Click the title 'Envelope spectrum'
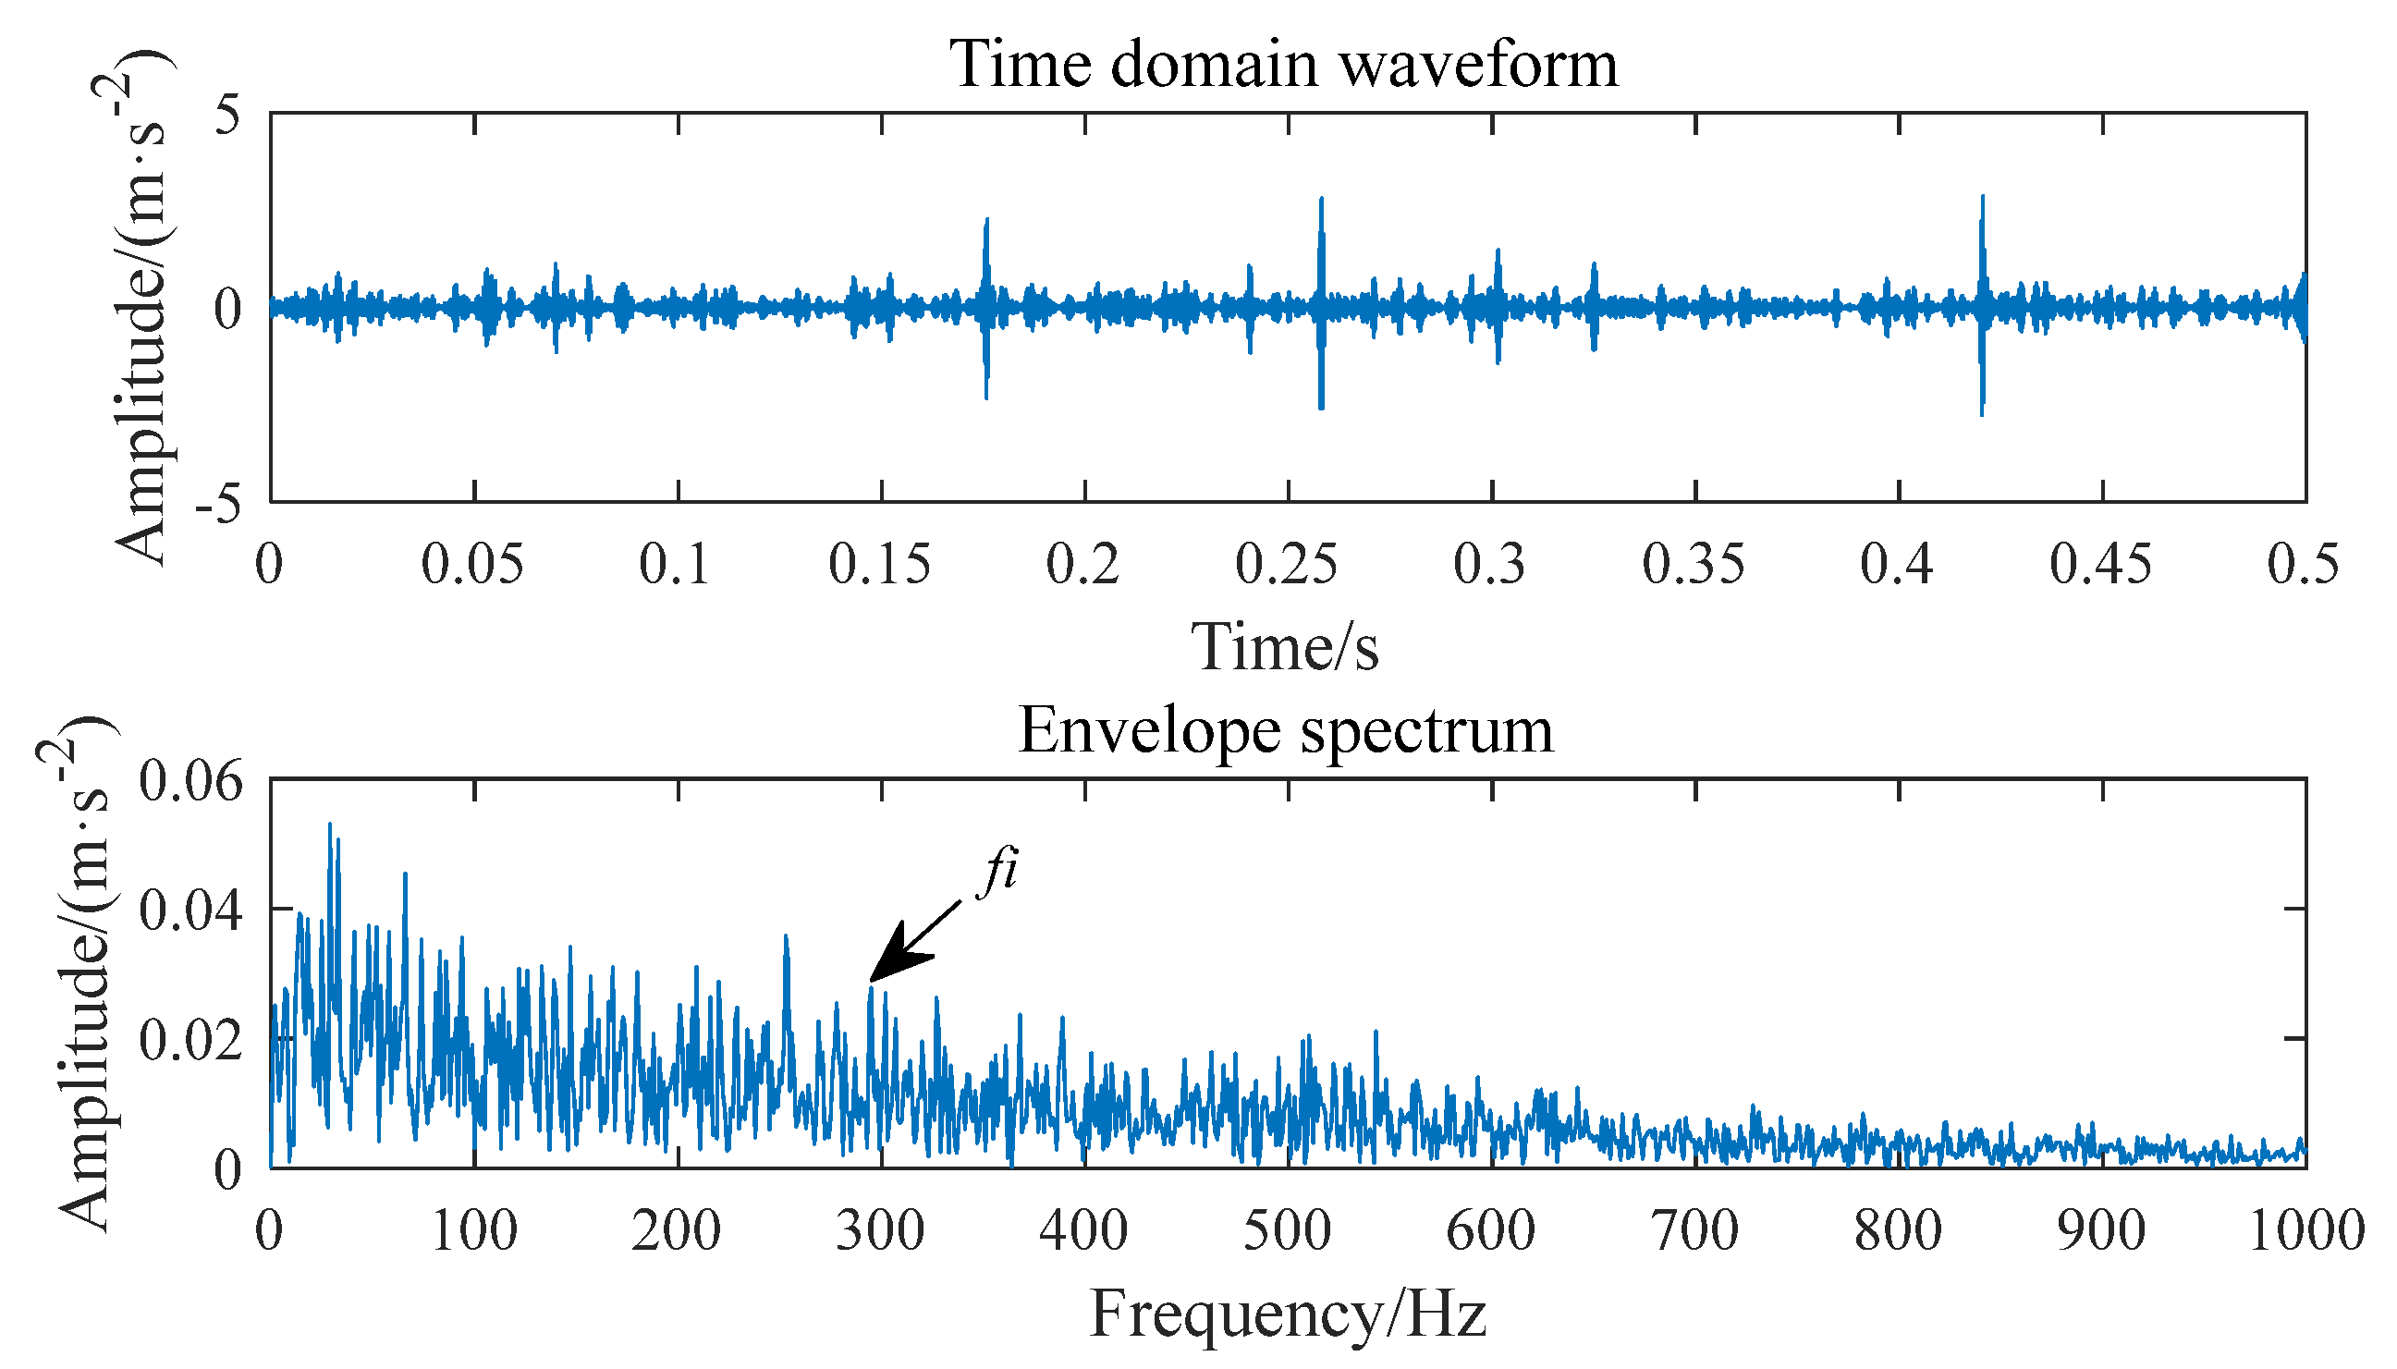pos(1284,730)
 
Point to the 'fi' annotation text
pos(997,870)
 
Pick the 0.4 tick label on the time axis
pos(1897,565)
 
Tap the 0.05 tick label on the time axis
pos(471,565)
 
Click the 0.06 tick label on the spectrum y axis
pos(190,780)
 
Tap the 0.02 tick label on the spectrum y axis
pos(190,1041)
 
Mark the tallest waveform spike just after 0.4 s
pos(1983,198)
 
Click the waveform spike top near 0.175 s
pos(986,221)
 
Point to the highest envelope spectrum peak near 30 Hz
pos(329,825)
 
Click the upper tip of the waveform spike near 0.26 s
pos(1321,200)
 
